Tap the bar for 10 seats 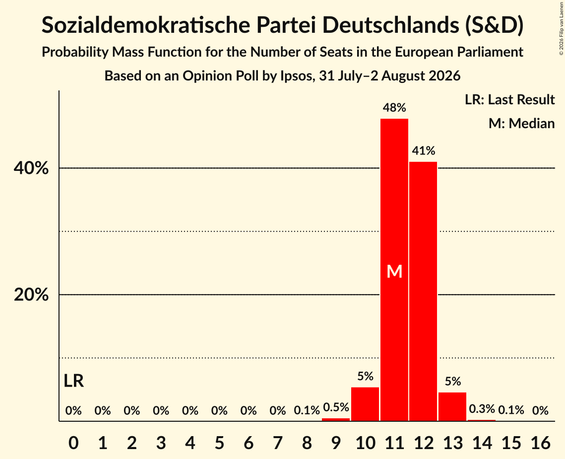(x=365, y=404)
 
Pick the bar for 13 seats (x=452, y=407)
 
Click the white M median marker (x=394, y=271)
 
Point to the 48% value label (x=394, y=107)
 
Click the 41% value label (x=424, y=151)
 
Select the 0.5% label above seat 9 (x=336, y=407)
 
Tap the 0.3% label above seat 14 (x=482, y=409)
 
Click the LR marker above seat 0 (x=74, y=381)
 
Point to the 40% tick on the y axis (x=31, y=168)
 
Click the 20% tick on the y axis (x=31, y=295)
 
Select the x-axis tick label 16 (x=540, y=443)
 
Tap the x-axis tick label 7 (x=277, y=443)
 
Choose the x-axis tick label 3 (x=161, y=443)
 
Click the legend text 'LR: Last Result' (x=509, y=99)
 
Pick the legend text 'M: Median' (x=521, y=123)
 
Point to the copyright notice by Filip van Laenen (x=562, y=28)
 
